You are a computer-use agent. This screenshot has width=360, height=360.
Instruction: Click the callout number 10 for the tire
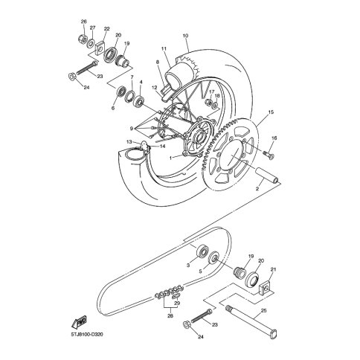(x=186, y=36)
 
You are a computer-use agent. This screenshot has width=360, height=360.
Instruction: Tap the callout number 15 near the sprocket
(x=271, y=112)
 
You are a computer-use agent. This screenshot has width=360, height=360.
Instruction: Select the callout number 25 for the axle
(x=264, y=311)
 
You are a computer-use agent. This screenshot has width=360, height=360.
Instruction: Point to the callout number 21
(x=273, y=269)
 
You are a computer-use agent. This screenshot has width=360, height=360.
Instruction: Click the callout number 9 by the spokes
(x=131, y=129)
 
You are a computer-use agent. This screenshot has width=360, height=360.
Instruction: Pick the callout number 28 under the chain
(x=170, y=316)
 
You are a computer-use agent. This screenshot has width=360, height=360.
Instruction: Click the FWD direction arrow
(x=79, y=323)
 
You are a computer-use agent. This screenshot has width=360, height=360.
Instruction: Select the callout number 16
(x=274, y=138)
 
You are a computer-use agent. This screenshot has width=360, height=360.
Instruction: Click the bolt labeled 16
(x=269, y=154)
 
